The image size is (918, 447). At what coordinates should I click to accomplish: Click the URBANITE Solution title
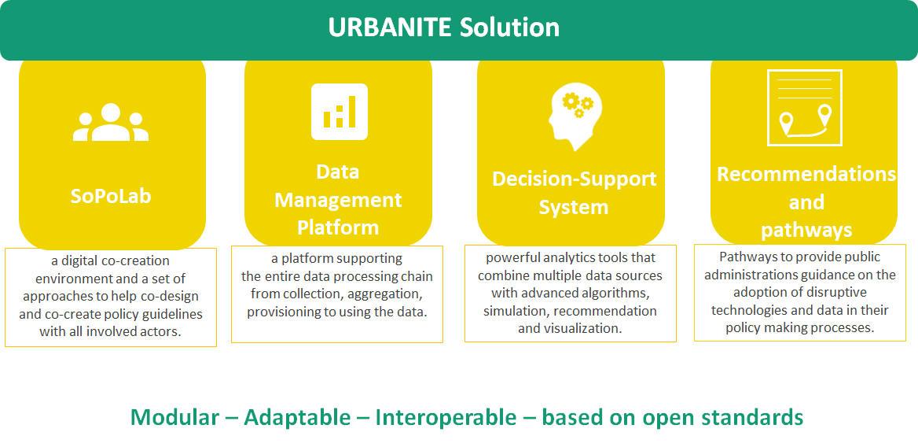point(444,28)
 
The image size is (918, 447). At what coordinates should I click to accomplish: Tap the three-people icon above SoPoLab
point(111,123)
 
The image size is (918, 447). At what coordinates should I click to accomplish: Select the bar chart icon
point(340,112)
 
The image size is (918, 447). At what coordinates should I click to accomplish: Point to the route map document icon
point(804,109)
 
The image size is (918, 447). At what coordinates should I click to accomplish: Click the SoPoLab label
point(111,195)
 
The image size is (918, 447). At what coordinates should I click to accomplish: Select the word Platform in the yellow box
point(338,227)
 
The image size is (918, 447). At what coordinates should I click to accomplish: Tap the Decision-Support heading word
point(575,179)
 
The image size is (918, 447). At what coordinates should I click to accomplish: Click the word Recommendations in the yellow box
point(806,174)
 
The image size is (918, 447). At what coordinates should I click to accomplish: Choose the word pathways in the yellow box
point(806,230)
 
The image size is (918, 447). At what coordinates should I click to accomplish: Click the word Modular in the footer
point(174,417)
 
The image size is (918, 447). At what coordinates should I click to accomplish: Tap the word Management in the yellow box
point(338,200)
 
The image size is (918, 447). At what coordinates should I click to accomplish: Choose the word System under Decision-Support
point(574,208)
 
